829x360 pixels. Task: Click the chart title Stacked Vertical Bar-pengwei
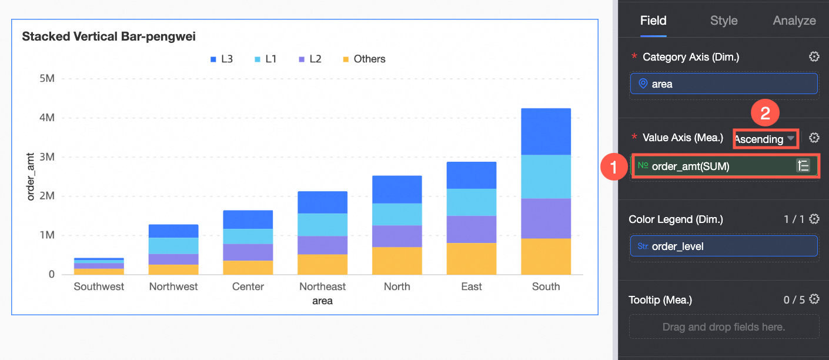point(109,36)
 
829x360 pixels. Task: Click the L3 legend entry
point(222,59)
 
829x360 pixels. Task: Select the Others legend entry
point(364,59)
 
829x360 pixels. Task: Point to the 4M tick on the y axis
point(46,118)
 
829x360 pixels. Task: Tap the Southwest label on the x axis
point(99,286)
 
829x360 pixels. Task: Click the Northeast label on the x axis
point(322,286)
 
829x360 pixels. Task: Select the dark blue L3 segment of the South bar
point(546,131)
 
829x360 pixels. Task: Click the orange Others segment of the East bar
point(472,259)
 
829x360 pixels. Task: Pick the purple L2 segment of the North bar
point(397,236)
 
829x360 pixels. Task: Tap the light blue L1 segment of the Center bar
point(248,236)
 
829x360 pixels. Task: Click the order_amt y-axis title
point(31,176)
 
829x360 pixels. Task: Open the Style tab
point(724,21)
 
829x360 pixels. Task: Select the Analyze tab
point(794,21)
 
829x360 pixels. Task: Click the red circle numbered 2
point(766,114)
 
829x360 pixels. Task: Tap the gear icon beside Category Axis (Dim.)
point(814,57)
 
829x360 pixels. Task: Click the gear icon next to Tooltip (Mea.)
point(814,299)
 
